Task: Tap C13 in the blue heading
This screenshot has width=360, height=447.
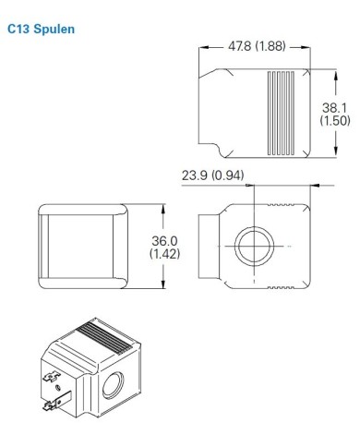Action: pyautogui.click(x=18, y=30)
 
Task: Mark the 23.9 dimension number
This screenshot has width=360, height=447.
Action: pyautogui.click(x=196, y=175)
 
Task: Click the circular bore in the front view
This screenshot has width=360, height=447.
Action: pyautogui.click(x=253, y=247)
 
